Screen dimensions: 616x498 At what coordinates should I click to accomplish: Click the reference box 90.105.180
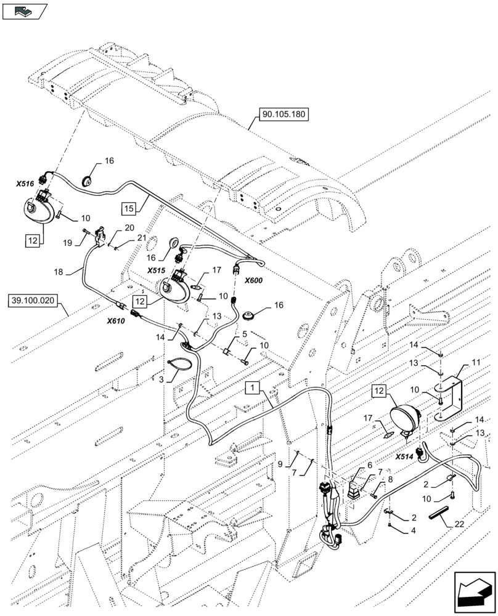[282, 115]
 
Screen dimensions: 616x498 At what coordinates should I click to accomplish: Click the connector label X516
[25, 184]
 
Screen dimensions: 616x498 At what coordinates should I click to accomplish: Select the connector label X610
[116, 320]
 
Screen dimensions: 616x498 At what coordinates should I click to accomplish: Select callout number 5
[244, 334]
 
